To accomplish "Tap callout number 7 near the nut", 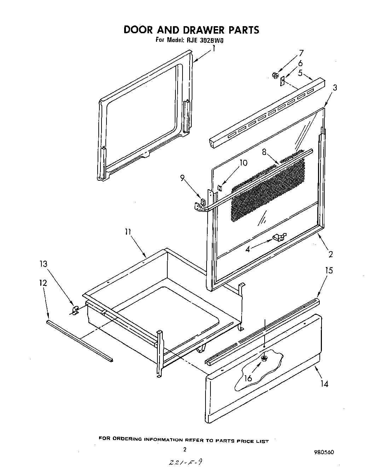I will (301, 53).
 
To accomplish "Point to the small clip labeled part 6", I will (282, 82).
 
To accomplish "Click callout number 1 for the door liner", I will (214, 49).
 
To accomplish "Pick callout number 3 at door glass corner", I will (335, 88).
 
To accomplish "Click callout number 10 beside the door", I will (243, 163).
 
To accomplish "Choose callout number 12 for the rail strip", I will (43, 283).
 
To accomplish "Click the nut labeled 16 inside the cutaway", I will (264, 359).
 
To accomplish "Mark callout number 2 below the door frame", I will (330, 254).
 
